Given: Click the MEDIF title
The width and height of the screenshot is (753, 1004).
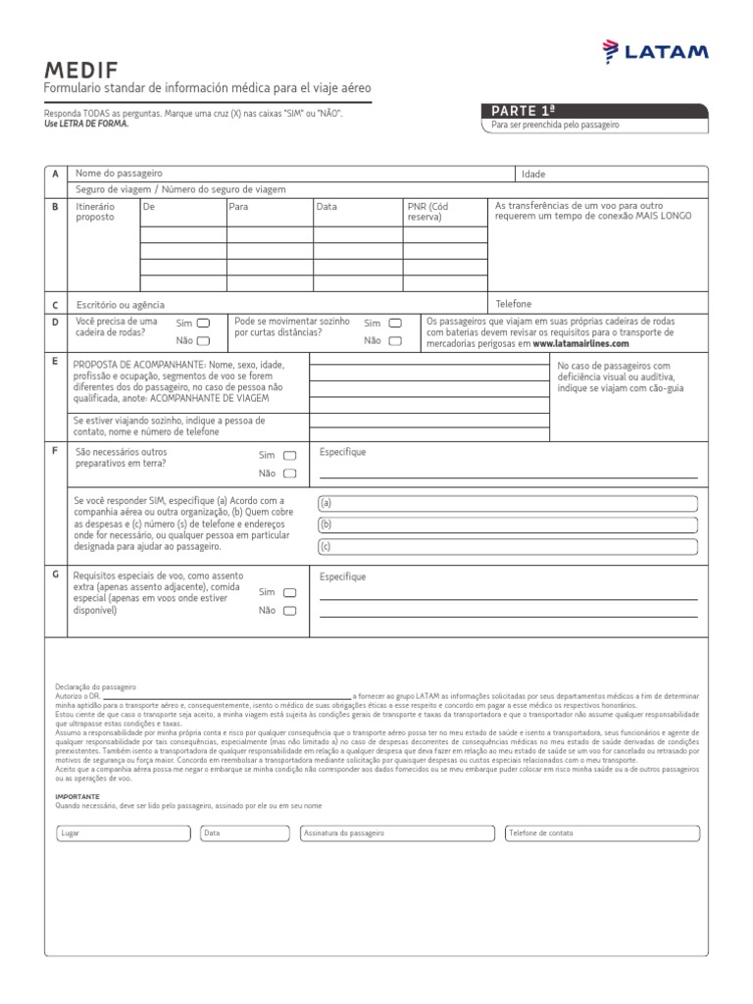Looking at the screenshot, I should click(x=80, y=70).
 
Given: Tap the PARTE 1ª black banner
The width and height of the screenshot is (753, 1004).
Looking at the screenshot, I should click(x=592, y=111).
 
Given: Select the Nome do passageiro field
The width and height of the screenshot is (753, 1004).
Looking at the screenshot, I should click(x=294, y=173).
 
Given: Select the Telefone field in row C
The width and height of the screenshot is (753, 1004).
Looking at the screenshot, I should click(x=598, y=304).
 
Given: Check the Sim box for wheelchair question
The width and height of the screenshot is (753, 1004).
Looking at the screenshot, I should click(x=203, y=323).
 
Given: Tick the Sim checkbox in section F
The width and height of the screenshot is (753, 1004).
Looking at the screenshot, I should click(x=289, y=455).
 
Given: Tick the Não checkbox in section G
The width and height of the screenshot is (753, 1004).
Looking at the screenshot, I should click(x=289, y=610).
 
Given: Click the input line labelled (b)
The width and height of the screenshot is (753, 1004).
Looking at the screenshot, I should click(x=507, y=525).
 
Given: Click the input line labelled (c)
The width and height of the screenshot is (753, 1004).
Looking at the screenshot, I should click(x=507, y=546).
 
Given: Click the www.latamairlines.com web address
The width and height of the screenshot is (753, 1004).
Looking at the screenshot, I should click(x=580, y=344).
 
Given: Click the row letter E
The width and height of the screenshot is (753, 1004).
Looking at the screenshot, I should click(x=55, y=362).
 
